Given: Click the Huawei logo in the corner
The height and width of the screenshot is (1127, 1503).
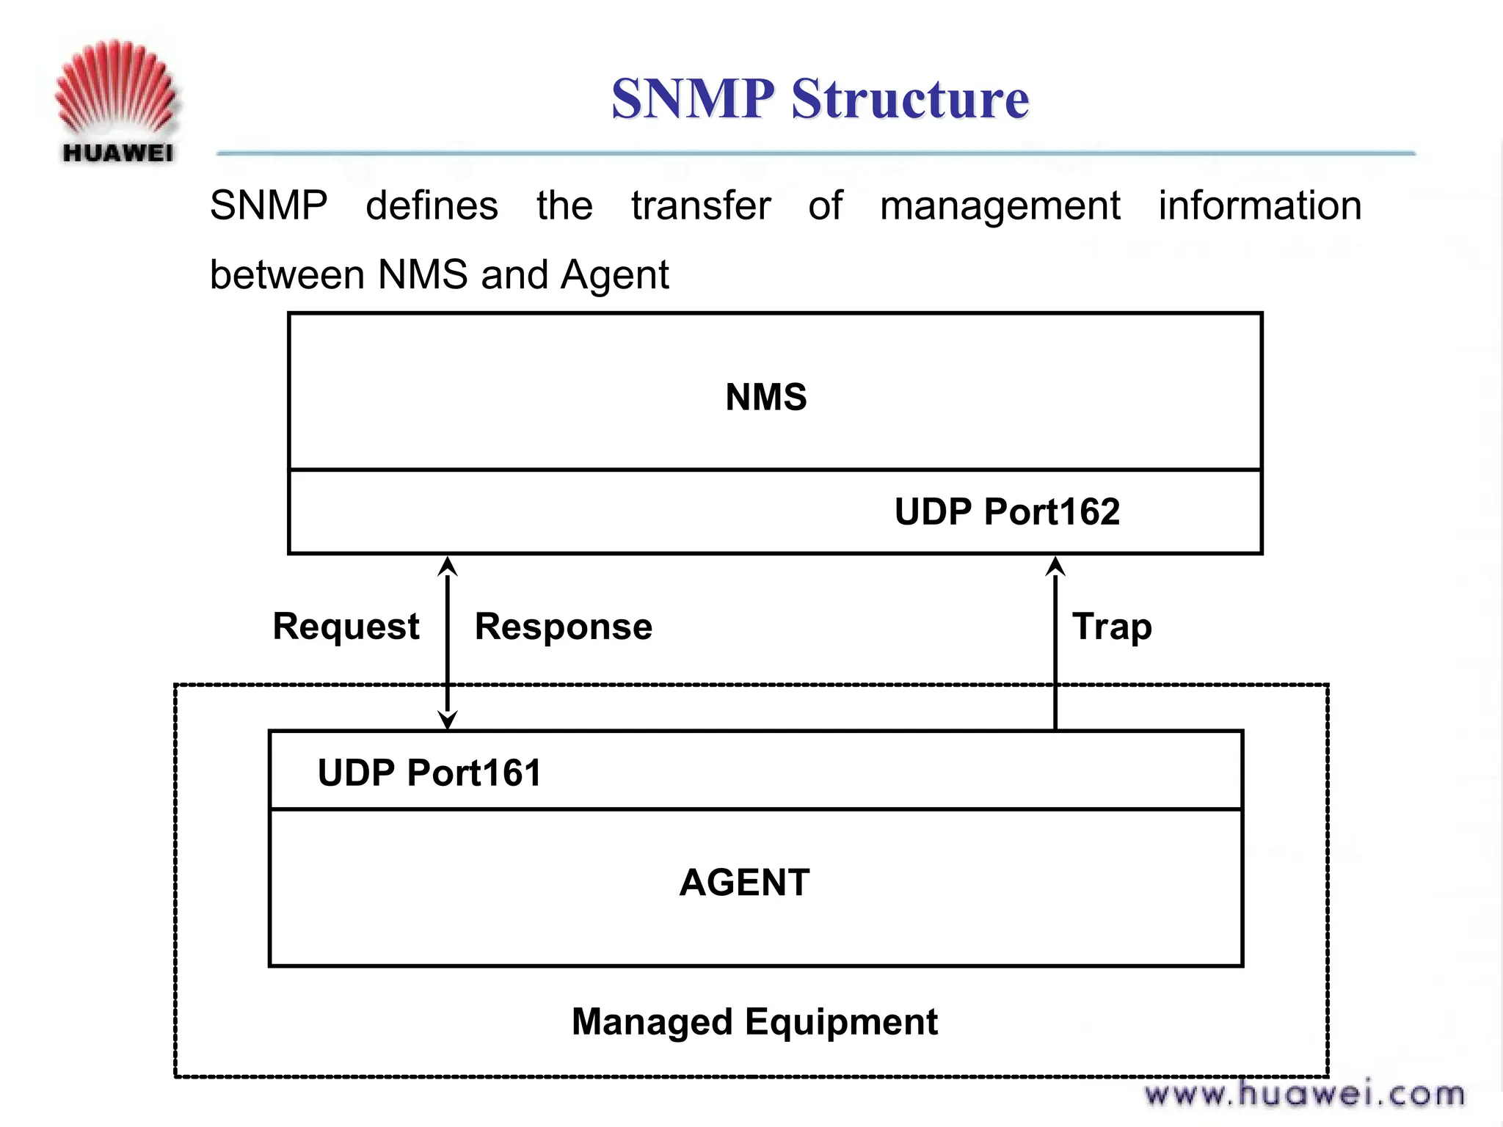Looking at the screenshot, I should (116, 101).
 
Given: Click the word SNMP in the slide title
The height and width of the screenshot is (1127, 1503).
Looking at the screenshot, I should (693, 98).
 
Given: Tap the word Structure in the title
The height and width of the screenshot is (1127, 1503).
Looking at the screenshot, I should (910, 98).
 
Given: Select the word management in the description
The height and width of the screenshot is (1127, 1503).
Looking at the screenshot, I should (1000, 206).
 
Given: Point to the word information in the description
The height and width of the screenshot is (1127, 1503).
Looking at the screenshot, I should (1259, 205).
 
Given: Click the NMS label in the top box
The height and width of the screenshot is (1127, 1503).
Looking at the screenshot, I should (765, 397).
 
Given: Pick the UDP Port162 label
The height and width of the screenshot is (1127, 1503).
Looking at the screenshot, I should (1007, 511).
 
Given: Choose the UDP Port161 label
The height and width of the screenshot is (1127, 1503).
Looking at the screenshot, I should (429, 773).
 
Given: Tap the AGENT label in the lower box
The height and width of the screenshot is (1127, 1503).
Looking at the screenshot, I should (744, 882).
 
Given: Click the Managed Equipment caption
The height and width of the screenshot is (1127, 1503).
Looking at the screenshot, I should (754, 1021).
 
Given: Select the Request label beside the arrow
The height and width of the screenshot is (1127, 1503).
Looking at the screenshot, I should (346, 627).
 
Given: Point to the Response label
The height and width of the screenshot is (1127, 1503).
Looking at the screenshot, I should (563, 627).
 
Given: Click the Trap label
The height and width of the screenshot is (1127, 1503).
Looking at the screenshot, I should (1112, 627).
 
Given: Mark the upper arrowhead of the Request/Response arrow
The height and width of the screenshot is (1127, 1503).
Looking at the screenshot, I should (448, 566).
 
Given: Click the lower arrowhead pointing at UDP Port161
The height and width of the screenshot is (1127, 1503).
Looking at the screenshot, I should (448, 720).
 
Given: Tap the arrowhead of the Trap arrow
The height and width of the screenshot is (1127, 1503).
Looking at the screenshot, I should (1055, 566).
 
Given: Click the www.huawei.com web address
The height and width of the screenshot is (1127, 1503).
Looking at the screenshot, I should (1304, 1094).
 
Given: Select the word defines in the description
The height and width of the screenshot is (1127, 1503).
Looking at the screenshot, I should (432, 205).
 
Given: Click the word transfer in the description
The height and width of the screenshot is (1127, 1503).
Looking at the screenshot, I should (701, 205).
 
